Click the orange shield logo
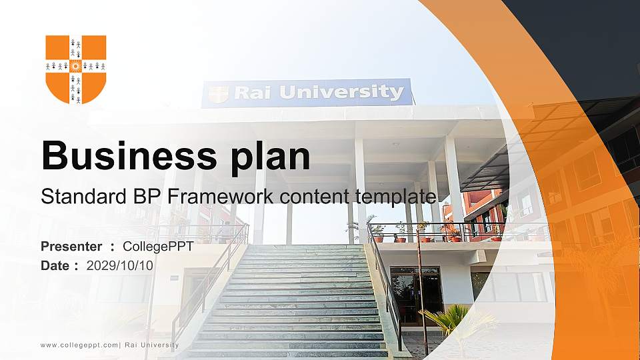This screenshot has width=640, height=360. pos(75,68)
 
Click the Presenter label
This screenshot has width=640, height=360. pos(71,247)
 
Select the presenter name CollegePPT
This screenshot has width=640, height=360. pos(158,247)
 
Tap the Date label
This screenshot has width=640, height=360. pos(55,265)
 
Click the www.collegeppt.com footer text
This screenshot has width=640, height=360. pos(79,345)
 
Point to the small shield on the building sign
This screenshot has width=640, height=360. pos(218,94)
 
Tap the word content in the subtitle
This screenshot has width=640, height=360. pos(317,197)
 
